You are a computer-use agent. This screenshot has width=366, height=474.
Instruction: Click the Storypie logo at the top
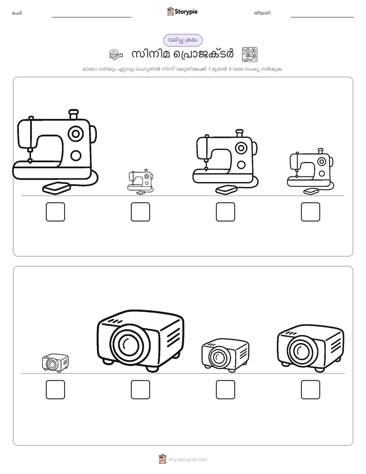point(182,11)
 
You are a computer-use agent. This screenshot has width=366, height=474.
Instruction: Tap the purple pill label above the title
point(182,40)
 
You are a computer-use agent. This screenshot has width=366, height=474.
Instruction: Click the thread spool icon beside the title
point(116,54)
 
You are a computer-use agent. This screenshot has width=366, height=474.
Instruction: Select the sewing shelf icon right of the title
point(250,54)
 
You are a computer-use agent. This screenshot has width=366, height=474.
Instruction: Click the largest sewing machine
point(55,151)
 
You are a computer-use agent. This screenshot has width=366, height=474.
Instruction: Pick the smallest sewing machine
point(140,182)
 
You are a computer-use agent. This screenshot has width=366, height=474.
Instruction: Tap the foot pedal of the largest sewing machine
point(56,188)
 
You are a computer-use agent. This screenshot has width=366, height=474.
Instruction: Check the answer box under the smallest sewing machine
point(140,211)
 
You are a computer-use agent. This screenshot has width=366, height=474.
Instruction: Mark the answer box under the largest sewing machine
point(55,211)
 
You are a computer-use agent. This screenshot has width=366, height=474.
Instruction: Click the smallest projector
point(55,363)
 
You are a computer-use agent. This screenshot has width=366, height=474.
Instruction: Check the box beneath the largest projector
point(140,389)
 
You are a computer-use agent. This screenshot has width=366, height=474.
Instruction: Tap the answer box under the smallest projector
point(55,389)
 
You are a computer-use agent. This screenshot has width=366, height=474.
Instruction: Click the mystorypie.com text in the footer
point(188,460)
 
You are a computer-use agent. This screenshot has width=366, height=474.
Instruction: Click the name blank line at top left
point(91,17)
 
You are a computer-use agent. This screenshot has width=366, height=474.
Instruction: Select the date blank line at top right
point(322,17)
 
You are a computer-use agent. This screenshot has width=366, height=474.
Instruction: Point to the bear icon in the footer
point(162,459)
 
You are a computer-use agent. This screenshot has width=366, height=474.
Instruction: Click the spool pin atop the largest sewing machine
point(73,114)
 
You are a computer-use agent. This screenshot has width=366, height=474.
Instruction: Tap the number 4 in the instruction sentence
point(230,69)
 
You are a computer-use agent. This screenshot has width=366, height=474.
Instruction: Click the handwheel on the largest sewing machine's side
point(94,133)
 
